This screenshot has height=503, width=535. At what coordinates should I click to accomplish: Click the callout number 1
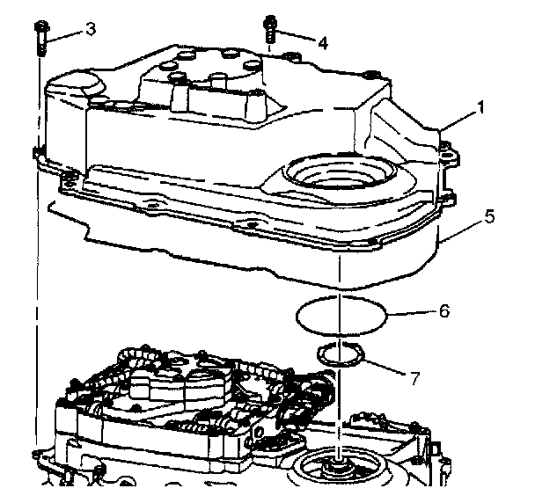481,108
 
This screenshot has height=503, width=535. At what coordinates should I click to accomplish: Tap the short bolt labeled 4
271,33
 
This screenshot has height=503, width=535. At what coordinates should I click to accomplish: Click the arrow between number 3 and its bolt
69,33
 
